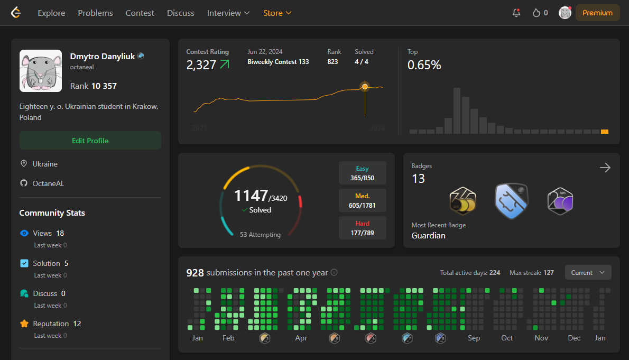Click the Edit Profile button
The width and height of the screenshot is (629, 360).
(x=90, y=141)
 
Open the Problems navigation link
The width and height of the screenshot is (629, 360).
(x=96, y=13)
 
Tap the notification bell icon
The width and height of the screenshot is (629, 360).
(x=516, y=13)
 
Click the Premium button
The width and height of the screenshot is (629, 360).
(x=597, y=13)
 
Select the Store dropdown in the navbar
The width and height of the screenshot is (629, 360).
(x=277, y=13)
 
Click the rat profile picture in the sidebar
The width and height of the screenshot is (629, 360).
(x=41, y=71)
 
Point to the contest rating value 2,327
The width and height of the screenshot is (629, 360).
(x=201, y=64)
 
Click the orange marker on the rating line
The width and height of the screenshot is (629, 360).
(x=365, y=86)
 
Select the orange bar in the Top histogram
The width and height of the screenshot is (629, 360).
(x=605, y=132)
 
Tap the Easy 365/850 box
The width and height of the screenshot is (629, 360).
(x=363, y=173)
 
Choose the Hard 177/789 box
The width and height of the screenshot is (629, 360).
(x=363, y=228)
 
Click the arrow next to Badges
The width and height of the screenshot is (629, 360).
(x=605, y=168)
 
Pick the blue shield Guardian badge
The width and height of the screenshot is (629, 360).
(x=512, y=201)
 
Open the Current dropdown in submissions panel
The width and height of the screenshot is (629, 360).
(x=588, y=272)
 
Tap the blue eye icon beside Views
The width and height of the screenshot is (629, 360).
(x=24, y=233)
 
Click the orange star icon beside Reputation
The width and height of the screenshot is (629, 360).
(x=24, y=324)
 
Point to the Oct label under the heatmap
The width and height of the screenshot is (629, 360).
(x=507, y=338)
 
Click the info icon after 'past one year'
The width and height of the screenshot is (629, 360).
(x=334, y=272)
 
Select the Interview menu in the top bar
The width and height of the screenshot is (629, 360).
(x=228, y=13)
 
